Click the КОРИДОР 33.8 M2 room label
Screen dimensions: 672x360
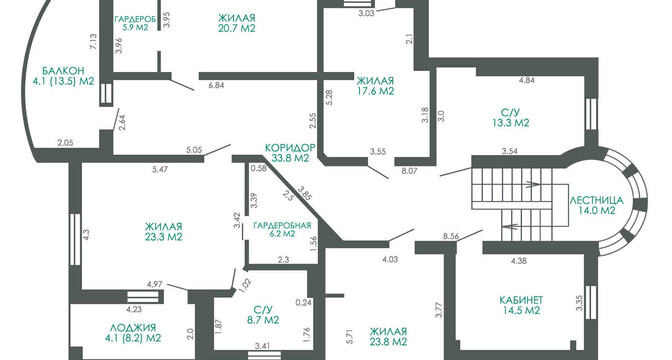[x=290, y=153]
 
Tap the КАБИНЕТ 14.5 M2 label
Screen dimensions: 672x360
[x=521, y=305]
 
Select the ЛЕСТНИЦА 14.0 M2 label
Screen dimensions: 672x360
[x=596, y=205]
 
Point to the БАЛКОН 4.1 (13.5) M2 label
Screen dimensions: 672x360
[x=63, y=76]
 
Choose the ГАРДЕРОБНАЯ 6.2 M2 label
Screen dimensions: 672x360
[x=282, y=229]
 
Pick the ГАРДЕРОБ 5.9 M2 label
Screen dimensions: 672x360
[x=135, y=23]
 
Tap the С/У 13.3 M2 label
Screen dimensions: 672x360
[x=511, y=118]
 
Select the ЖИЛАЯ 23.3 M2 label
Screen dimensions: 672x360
[x=163, y=231]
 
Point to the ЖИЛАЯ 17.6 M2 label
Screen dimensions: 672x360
[x=375, y=86]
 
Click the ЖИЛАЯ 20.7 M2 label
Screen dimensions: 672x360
[x=237, y=23]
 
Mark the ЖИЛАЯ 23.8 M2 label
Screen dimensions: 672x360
[x=388, y=336]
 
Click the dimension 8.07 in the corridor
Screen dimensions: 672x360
[x=408, y=171]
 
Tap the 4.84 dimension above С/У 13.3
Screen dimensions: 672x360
[x=526, y=80]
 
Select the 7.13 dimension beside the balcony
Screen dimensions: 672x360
[x=94, y=42]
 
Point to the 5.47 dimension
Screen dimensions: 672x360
[x=160, y=170]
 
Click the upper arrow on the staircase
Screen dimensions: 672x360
[x=532, y=184]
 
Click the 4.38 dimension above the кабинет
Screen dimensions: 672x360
[x=519, y=260]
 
